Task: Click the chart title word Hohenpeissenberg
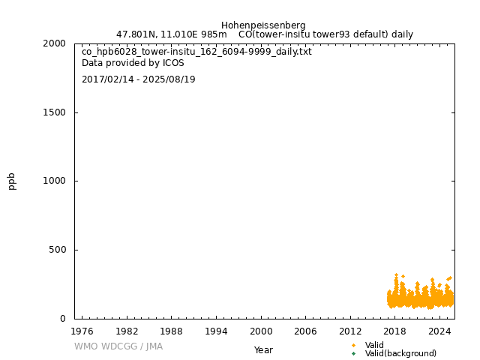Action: click(x=263, y=25)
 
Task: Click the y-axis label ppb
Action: click(x=12, y=181)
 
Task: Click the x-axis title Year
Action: click(x=263, y=350)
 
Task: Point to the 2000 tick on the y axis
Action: click(x=53, y=43)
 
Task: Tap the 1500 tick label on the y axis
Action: click(x=53, y=112)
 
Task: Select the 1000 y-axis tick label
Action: click(x=53, y=181)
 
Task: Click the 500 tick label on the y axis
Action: click(x=57, y=250)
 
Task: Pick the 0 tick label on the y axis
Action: click(x=63, y=319)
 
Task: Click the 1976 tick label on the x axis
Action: click(x=82, y=331)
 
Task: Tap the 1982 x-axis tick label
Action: click(x=127, y=331)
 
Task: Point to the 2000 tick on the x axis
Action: click(x=261, y=331)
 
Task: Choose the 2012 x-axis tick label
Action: click(x=350, y=331)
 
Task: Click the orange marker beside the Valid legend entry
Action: click(x=353, y=345)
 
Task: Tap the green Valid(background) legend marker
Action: click(x=353, y=353)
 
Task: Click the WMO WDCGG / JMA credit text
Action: click(x=118, y=346)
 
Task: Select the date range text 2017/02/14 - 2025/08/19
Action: click(x=139, y=79)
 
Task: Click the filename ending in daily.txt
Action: click(x=196, y=52)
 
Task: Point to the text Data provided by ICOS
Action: click(x=133, y=64)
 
